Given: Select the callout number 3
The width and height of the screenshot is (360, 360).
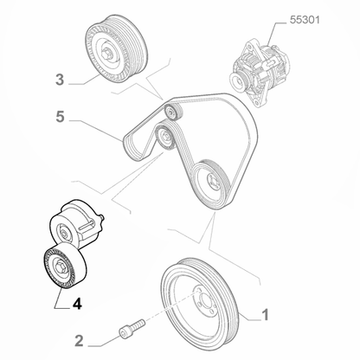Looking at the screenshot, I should pyautogui.click(x=60, y=81).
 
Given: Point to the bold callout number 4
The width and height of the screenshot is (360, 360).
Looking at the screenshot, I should pyautogui.click(x=78, y=303).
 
